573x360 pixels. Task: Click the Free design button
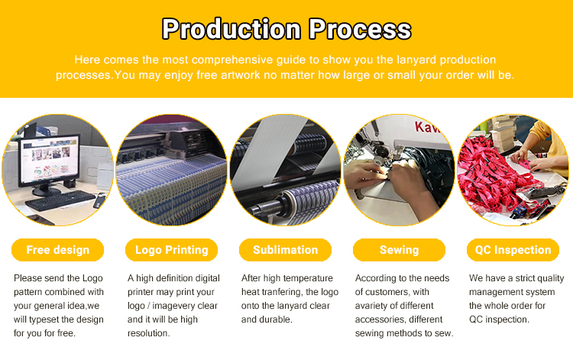tap(58, 250)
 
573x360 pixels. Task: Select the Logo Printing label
tap(171, 250)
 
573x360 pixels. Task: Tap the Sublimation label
tap(286, 250)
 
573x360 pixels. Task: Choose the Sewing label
tap(399, 250)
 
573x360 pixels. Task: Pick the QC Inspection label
tap(513, 250)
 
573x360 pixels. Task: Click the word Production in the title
tap(231, 29)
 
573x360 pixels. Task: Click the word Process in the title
tap(360, 29)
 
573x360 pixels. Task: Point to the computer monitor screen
tap(50, 159)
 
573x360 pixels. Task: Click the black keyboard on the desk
tap(60, 200)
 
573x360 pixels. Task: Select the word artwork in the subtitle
tap(241, 75)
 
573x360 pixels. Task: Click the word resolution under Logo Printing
tap(149, 333)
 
